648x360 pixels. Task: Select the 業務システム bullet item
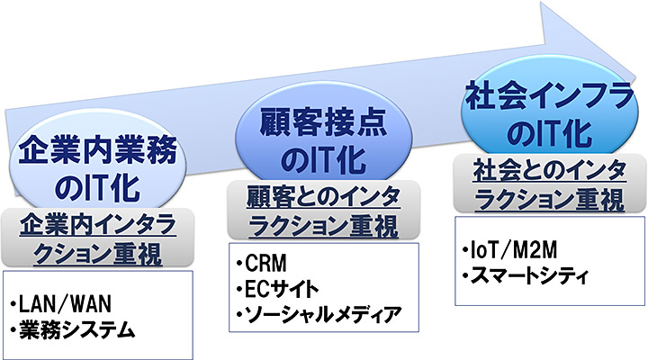(x=76, y=330)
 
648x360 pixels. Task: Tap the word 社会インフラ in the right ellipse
(x=537, y=94)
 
